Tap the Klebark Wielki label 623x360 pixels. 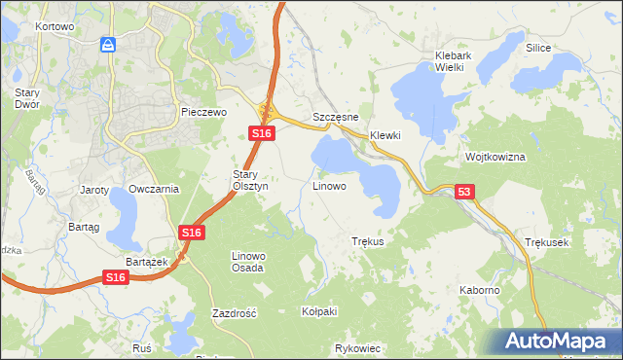tap(454, 62)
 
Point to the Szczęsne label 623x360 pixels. tap(337, 117)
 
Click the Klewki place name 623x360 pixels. tap(385, 135)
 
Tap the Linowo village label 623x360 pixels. tap(329, 185)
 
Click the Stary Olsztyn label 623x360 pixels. tap(243, 180)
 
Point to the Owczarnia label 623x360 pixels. tap(154, 189)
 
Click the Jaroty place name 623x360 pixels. tap(94, 189)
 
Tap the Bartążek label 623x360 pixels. tap(148, 262)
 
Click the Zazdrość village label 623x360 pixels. tap(234, 313)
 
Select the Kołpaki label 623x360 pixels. tap(319, 311)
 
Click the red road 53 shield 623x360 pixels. tap(464, 194)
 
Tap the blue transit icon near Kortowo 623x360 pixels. tap(108, 44)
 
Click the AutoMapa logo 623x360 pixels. tap(558, 342)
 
